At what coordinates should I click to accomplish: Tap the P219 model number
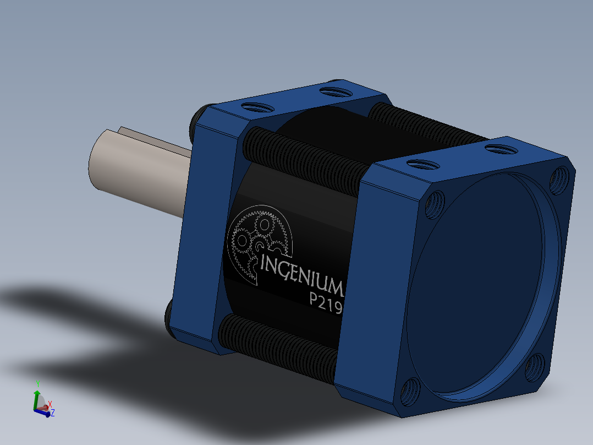pyautogui.click(x=326, y=302)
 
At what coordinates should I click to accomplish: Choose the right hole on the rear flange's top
pyautogui.click(x=332, y=90)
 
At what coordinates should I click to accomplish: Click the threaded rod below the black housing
pyautogui.click(x=278, y=347)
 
